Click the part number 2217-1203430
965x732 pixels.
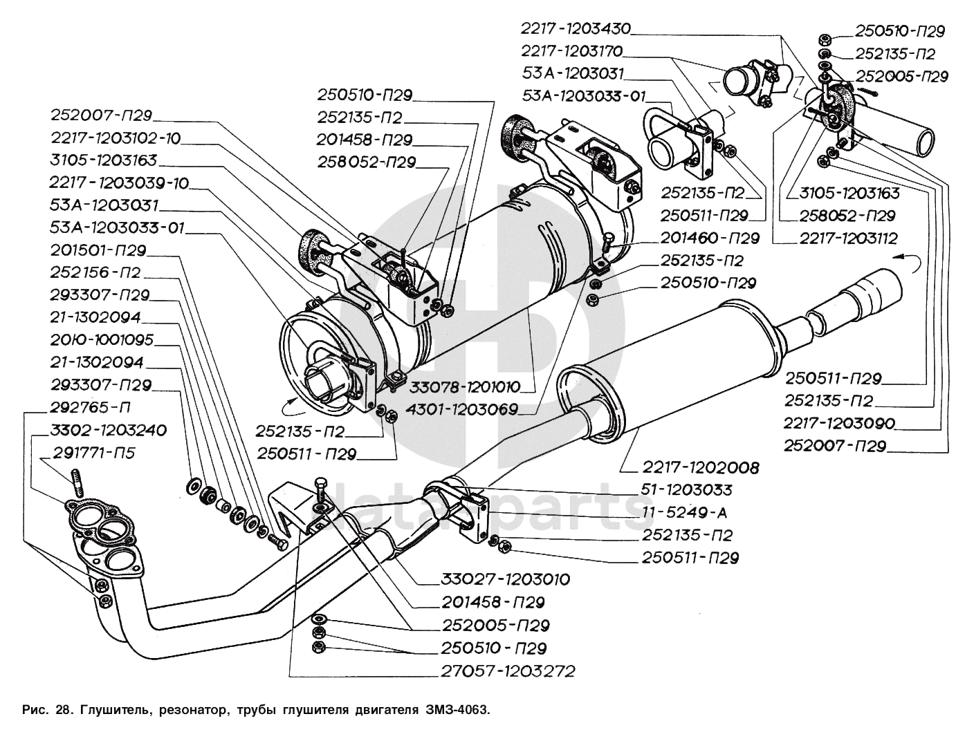point(576,29)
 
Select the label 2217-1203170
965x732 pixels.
point(571,51)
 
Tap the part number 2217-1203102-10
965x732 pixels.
point(115,138)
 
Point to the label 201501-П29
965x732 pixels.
point(98,250)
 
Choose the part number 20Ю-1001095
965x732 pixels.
point(102,340)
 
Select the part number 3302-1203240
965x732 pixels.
point(109,430)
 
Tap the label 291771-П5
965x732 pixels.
point(93,453)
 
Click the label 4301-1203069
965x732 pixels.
point(463,409)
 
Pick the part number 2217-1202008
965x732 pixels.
point(701,468)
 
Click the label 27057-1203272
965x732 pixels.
point(508,670)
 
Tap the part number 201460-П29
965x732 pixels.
point(709,238)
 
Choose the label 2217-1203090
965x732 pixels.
point(839,423)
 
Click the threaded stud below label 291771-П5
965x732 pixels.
point(77,483)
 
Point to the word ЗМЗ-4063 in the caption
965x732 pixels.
point(456,710)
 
